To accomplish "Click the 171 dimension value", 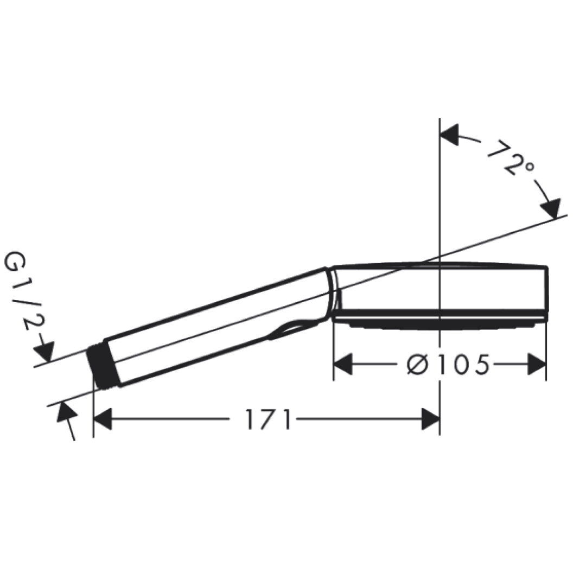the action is click(267, 419).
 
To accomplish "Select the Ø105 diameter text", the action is click(448, 364).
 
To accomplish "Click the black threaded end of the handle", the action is click(101, 367).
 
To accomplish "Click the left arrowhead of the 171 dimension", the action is click(103, 419).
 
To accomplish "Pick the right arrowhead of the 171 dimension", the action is click(430, 419).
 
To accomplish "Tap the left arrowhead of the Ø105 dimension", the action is click(343, 364).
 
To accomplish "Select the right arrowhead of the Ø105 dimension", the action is click(537, 364).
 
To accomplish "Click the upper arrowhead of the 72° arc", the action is click(449, 135).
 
